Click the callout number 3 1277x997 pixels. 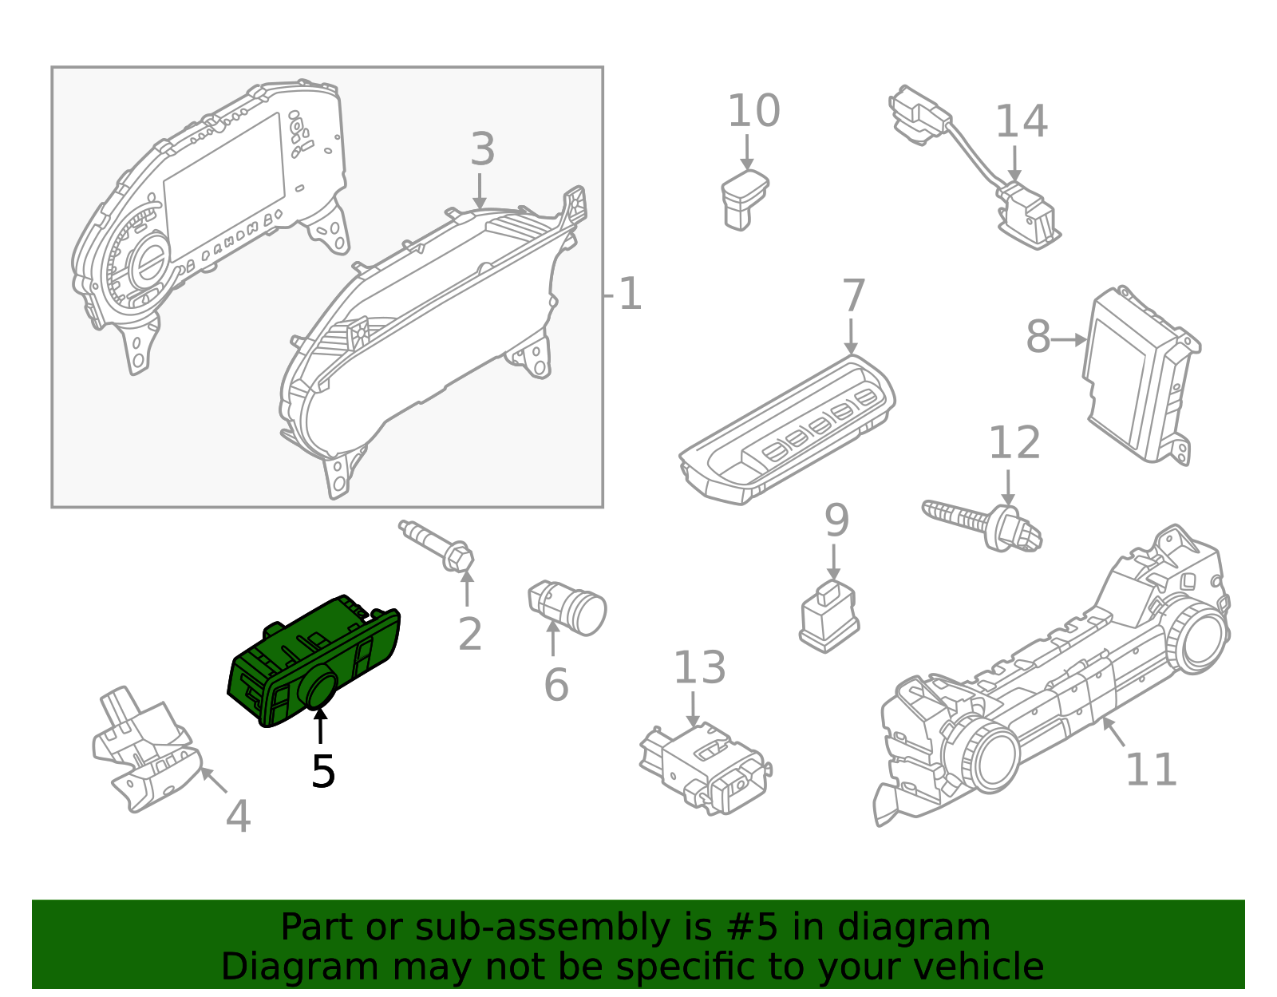coord(482,149)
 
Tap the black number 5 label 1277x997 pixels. coord(322,772)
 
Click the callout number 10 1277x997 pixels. coord(753,112)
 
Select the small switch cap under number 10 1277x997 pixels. coord(743,199)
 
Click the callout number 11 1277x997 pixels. coord(1150,770)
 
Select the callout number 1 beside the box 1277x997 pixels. coord(629,295)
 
